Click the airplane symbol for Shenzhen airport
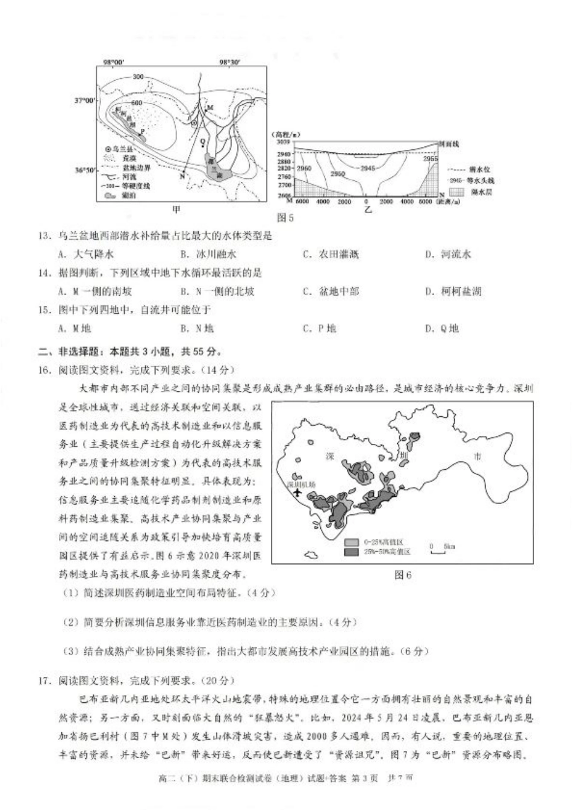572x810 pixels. (x=296, y=493)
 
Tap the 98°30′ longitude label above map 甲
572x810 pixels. (x=229, y=62)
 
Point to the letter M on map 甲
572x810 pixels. (x=210, y=107)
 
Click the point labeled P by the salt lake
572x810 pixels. (x=142, y=131)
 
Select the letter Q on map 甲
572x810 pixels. (x=202, y=142)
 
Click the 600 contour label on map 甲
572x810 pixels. (x=137, y=103)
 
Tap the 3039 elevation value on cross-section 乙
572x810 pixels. (x=283, y=142)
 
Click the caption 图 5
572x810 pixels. (x=285, y=218)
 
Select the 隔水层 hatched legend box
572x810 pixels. (x=459, y=192)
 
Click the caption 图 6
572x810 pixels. (x=402, y=575)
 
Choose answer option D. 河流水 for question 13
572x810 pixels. (x=448, y=254)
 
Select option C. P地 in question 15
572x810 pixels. (x=319, y=328)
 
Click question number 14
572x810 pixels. (x=43, y=273)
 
